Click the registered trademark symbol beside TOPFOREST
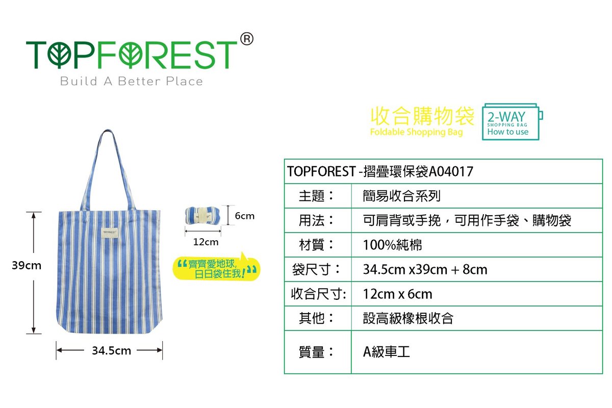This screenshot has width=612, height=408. tap(247, 39)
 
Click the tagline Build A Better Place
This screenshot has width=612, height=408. tap(132, 82)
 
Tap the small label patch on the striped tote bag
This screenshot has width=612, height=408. tap(110, 232)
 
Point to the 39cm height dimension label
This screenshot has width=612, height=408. tap(27, 265)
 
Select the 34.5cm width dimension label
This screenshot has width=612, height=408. tap(112, 350)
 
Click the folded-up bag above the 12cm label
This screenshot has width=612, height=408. tap(202, 216)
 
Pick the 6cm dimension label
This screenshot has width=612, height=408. tap(244, 216)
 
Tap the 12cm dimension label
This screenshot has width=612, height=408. tap(206, 242)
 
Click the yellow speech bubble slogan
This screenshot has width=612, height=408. tap(216, 268)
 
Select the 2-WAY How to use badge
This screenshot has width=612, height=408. tap(512, 122)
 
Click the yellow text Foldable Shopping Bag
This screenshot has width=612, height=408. tap(416, 132)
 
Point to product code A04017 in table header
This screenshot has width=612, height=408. tap(451, 172)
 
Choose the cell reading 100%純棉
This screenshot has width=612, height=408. tap(392, 245)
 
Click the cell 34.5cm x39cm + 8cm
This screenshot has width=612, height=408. tap(425, 269)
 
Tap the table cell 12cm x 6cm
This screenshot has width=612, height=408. tap(397, 294)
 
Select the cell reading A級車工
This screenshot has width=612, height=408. tap(387, 352)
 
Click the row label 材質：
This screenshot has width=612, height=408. tap(316, 245)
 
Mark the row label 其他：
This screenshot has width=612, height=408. tap(316, 318)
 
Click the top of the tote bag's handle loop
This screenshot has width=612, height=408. tap(108, 131)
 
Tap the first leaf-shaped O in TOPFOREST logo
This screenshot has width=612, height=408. tap(59, 56)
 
